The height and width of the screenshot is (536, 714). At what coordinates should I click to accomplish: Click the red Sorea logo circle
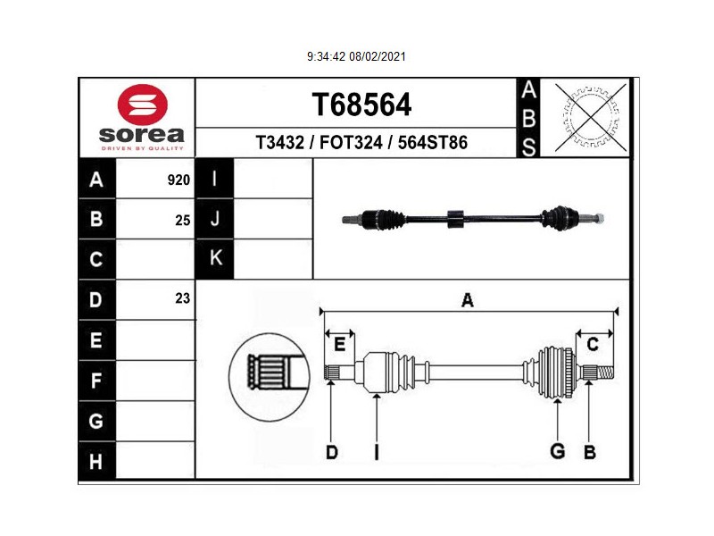[x=143, y=105]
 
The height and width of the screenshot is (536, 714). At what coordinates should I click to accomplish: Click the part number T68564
[x=361, y=105]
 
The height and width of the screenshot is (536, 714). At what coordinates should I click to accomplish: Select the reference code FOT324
[x=351, y=143]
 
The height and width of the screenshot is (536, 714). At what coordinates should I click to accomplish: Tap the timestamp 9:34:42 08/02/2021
[x=356, y=56]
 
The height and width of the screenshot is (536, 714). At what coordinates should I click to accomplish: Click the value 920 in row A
[x=178, y=180]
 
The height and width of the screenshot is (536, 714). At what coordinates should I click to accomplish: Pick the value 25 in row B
[x=183, y=221]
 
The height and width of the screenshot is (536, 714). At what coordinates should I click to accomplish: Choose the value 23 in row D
[x=183, y=298]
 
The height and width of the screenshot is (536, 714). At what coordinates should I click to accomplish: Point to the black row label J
[x=214, y=219]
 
